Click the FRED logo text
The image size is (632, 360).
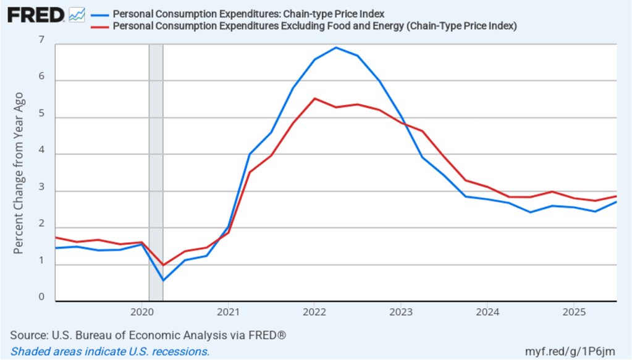pos(35,15)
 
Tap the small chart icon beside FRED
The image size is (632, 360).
pos(77,15)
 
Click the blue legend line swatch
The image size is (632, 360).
pos(99,14)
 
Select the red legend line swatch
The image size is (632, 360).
pos(99,26)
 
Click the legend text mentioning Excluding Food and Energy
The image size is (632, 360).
pos(314,26)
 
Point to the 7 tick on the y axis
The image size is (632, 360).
pos(41,41)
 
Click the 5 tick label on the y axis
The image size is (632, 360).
pos(41,114)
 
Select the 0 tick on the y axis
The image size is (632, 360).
pos(41,297)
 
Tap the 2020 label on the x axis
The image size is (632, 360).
pos(141,310)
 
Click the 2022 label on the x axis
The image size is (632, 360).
pos(314,310)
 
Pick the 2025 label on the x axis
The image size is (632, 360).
pos(573,310)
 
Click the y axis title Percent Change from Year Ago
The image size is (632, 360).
pos(19,173)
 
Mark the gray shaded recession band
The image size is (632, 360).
pos(156,173)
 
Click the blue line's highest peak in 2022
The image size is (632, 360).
pos(336,48)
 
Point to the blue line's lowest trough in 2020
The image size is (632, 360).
pos(163,280)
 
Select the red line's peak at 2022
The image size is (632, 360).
pos(314,99)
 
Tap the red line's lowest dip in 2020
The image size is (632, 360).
pos(163,265)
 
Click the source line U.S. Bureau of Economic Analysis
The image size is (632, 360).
pos(148,335)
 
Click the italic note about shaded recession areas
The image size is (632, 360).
pos(110,351)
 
